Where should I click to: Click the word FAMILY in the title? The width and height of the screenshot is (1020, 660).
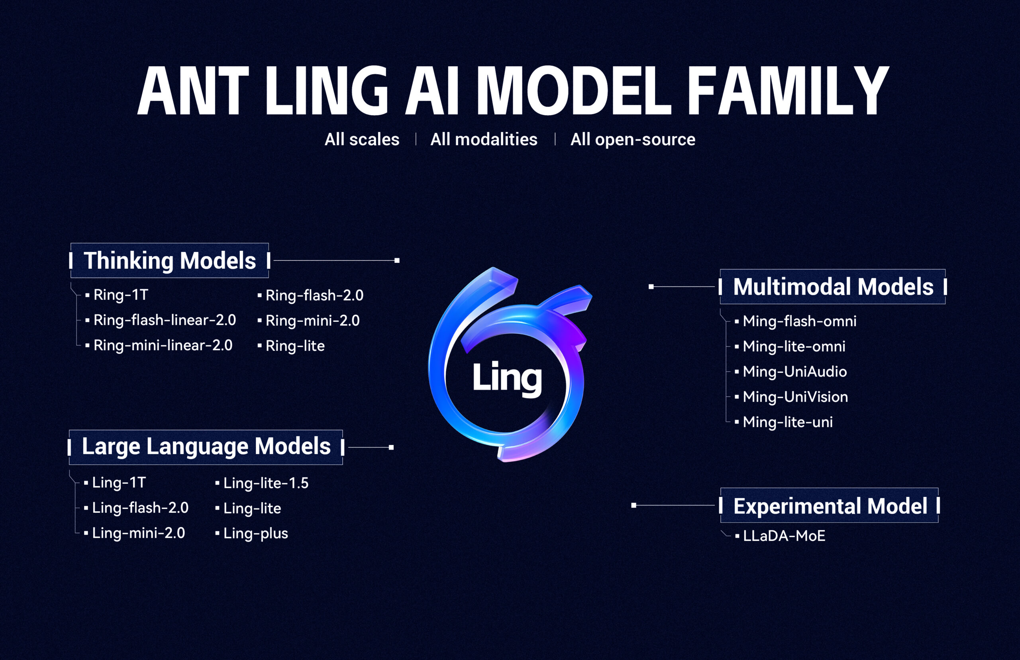tap(788, 91)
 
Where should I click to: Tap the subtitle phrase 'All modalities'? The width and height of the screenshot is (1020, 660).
tap(483, 139)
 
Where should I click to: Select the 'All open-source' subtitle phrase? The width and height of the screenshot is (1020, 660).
tap(632, 139)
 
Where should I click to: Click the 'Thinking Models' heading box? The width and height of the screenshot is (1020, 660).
tap(170, 260)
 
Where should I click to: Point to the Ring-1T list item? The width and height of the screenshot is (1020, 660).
tap(121, 295)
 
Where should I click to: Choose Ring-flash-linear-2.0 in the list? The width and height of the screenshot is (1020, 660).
tap(165, 320)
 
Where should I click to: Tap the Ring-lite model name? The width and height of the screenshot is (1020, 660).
tap(294, 346)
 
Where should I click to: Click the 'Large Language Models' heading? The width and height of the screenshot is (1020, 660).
tap(206, 447)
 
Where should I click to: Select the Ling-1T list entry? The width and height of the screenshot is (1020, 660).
tap(119, 483)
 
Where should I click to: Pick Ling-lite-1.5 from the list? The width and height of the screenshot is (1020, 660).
tap(265, 483)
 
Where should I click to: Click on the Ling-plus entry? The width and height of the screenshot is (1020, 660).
tap(256, 534)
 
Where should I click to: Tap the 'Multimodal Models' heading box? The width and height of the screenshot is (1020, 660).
tap(833, 287)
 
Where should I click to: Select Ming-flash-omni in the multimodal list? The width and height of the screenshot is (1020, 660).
tap(799, 321)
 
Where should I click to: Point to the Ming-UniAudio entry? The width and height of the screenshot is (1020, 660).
tap(794, 372)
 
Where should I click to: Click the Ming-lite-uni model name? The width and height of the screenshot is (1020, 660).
tap(787, 422)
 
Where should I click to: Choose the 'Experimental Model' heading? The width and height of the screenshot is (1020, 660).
tap(830, 506)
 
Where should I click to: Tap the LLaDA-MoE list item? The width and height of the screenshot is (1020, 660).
tap(784, 536)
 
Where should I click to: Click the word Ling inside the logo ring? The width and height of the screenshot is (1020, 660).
tap(507, 377)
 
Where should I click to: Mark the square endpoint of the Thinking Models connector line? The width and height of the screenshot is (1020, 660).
tap(397, 260)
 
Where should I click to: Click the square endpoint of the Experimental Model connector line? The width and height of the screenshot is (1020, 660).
tap(634, 506)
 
